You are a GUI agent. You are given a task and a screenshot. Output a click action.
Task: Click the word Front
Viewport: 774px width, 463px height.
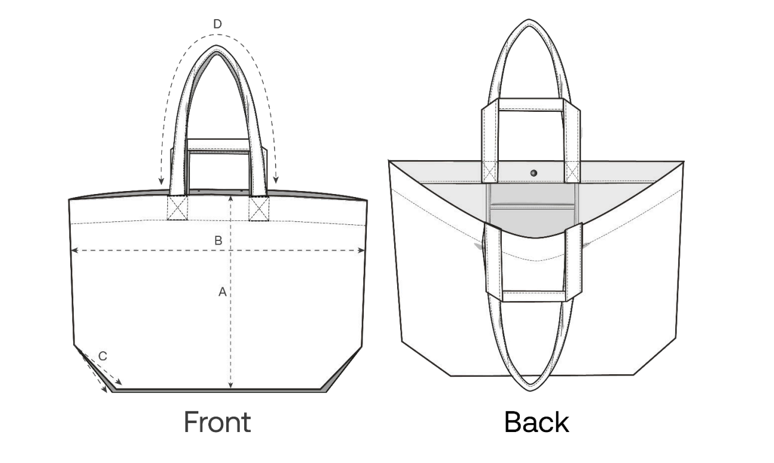[217, 422]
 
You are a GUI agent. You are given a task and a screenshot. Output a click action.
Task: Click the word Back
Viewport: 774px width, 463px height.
[536, 422]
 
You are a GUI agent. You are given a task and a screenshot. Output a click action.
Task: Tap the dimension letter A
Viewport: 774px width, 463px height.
[223, 292]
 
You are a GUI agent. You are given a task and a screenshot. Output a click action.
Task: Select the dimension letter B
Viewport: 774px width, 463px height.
[218, 240]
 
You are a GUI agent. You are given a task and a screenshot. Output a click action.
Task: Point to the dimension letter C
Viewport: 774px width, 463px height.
[102, 356]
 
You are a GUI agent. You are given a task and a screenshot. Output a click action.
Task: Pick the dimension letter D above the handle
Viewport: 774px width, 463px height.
[217, 24]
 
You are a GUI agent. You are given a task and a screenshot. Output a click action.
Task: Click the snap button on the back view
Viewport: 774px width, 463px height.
[534, 173]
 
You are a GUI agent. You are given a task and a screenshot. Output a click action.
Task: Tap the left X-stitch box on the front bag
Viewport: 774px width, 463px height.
[177, 208]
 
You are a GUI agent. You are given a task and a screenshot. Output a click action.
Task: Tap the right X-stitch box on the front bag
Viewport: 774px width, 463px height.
[259, 208]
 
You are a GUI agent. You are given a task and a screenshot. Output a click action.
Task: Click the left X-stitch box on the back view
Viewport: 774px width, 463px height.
[489, 171]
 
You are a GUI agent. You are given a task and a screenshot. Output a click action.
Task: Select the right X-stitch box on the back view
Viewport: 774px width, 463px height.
[572, 171]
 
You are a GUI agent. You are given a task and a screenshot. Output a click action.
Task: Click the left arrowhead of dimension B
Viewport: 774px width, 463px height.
[74, 251]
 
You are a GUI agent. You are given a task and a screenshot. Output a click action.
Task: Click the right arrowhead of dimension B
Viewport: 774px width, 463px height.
[361, 251]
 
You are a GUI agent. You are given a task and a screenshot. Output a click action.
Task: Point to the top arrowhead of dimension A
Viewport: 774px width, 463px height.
[231, 199]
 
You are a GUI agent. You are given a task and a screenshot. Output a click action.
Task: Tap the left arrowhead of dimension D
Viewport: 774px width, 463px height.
[161, 181]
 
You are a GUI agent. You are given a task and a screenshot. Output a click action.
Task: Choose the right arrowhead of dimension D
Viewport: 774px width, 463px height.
[276, 180]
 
